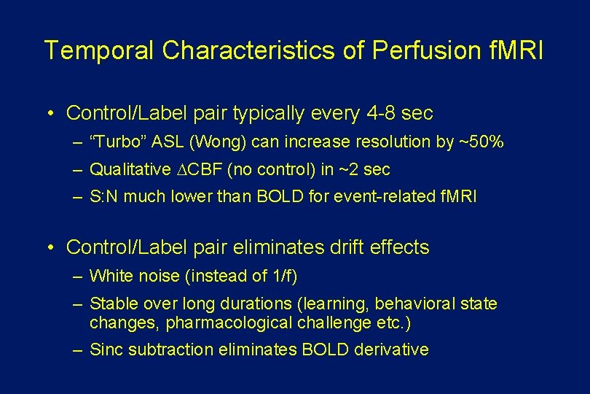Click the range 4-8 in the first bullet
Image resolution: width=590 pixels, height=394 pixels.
379,113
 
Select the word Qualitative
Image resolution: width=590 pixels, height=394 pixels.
130,170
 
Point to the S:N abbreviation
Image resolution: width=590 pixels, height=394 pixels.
106,198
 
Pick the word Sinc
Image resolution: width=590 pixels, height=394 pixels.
106,349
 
